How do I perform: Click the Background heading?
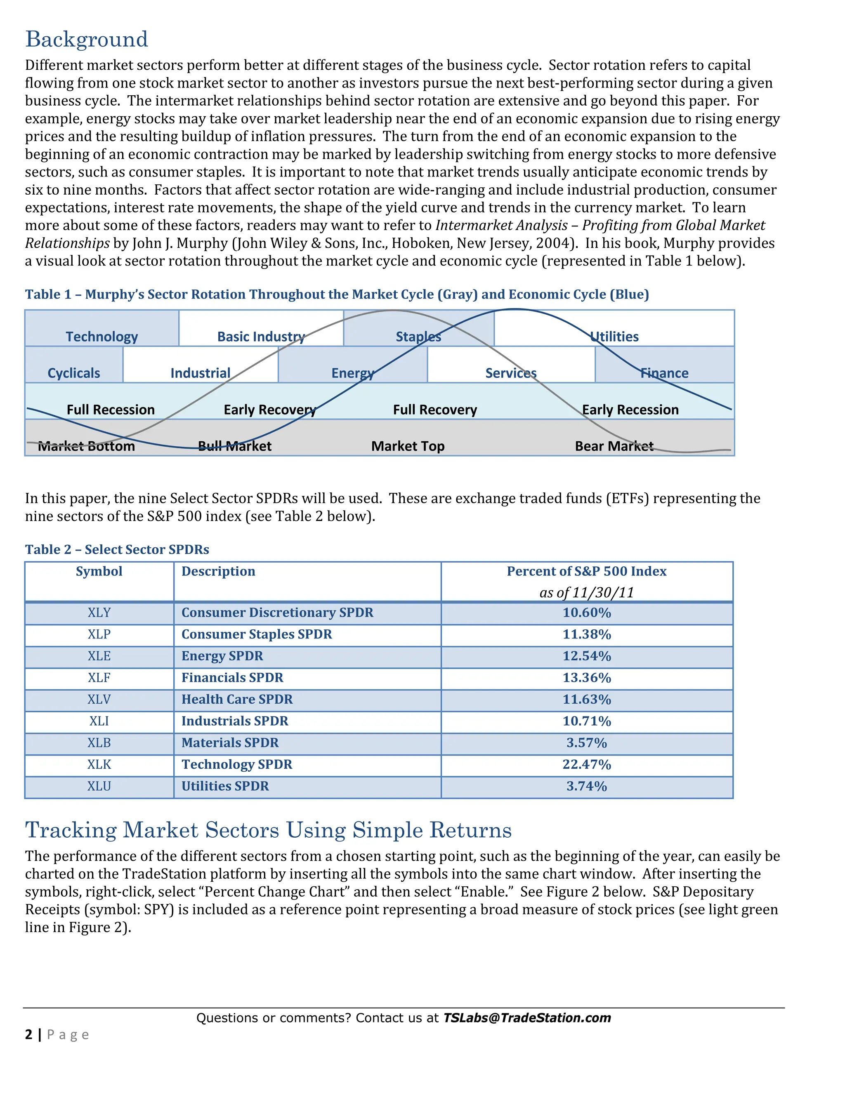point(87,40)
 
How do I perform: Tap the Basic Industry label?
point(261,336)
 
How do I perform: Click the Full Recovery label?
point(434,410)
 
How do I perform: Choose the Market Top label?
point(408,446)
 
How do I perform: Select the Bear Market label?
point(614,446)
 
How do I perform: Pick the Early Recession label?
point(630,410)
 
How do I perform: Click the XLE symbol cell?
point(99,656)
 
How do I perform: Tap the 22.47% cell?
point(586,765)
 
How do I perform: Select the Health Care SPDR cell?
point(237,700)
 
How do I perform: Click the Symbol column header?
point(99,572)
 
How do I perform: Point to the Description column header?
point(218,572)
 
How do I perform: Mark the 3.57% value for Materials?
point(586,743)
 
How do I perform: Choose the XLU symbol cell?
point(99,786)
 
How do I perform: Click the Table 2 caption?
point(117,549)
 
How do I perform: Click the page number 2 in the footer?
point(28,1034)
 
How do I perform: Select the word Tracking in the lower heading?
point(71,830)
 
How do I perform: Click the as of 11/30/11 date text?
point(586,593)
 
